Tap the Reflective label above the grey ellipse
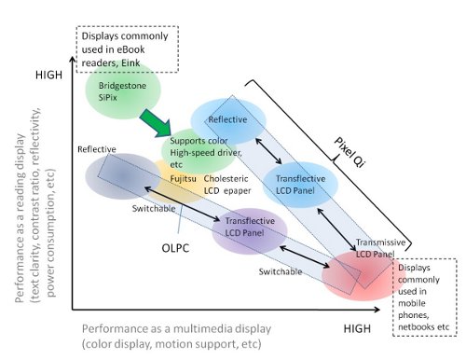[x=96, y=149]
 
